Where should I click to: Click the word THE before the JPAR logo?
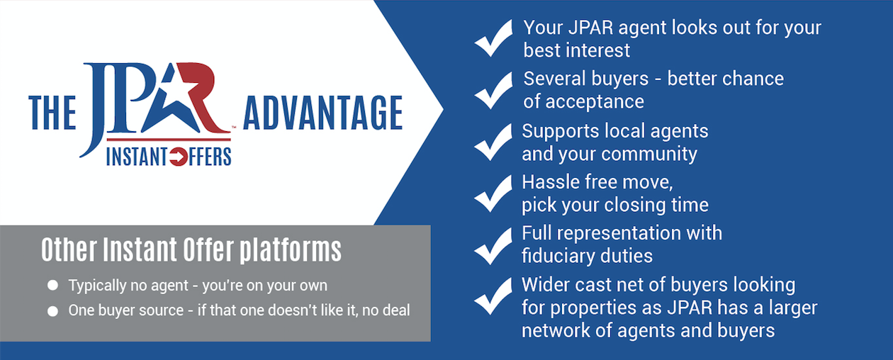pos(52,113)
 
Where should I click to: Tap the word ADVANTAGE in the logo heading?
pos(323,113)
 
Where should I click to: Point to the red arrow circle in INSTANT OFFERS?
pos(178,157)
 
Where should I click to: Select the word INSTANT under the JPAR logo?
pos(137,157)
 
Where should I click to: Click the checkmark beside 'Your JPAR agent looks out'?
pos(493,38)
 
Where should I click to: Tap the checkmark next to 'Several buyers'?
pos(493,91)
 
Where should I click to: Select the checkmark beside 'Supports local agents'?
pos(493,142)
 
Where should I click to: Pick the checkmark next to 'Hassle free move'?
pos(493,193)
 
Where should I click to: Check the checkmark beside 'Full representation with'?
pos(493,246)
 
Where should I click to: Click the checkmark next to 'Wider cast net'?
pos(493,296)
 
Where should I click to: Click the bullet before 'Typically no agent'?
pos(52,286)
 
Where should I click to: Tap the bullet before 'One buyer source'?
pos(52,311)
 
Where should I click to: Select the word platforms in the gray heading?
pos(291,250)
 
